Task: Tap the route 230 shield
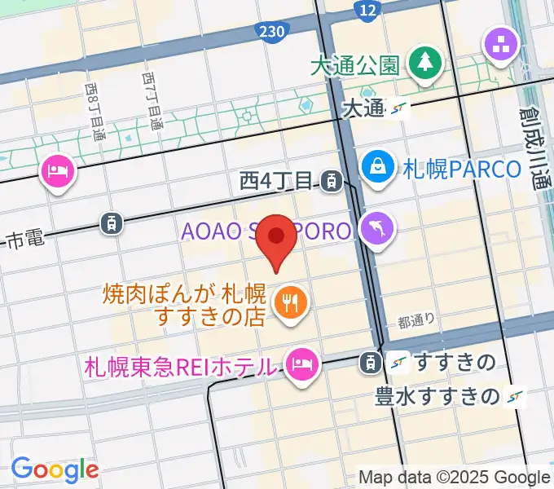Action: click(x=272, y=30)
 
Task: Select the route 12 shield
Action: click(x=368, y=9)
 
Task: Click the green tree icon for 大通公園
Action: click(x=425, y=64)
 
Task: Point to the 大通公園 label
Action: click(x=354, y=64)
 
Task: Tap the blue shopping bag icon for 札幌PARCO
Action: click(x=379, y=168)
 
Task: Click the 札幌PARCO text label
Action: click(x=462, y=169)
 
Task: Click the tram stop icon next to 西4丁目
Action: click(x=331, y=179)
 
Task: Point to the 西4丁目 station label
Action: click(x=277, y=179)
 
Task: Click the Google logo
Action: click(x=55, y=469)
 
